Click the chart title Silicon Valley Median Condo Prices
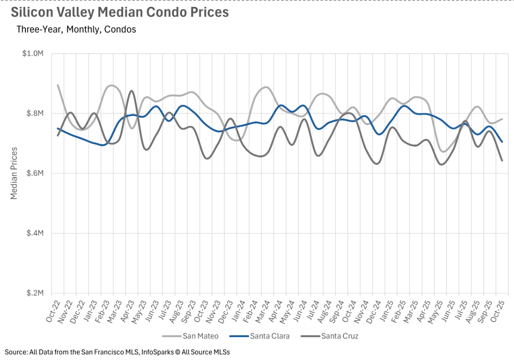[x=120, y=12]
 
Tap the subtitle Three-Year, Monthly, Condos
[x=76, y=30]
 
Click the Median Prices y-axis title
[x=14, y=173]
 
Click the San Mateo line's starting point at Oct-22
[x=58, y=85]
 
